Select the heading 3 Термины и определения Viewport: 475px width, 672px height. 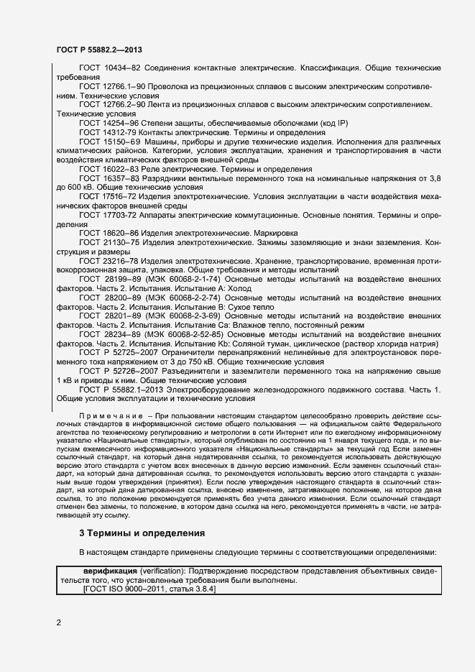142,534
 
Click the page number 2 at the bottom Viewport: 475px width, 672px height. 58,622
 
